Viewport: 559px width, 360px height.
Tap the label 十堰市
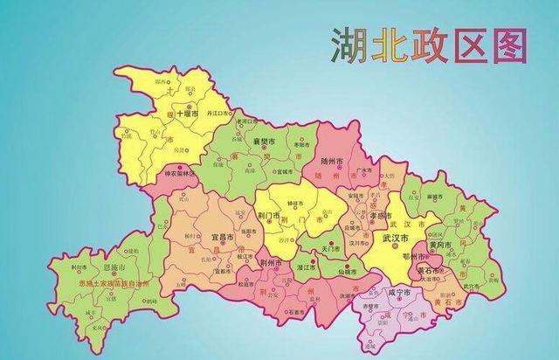coord(187,114)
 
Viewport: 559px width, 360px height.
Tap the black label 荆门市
coord(268,215)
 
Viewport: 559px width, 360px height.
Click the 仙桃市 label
coord(356,273)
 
